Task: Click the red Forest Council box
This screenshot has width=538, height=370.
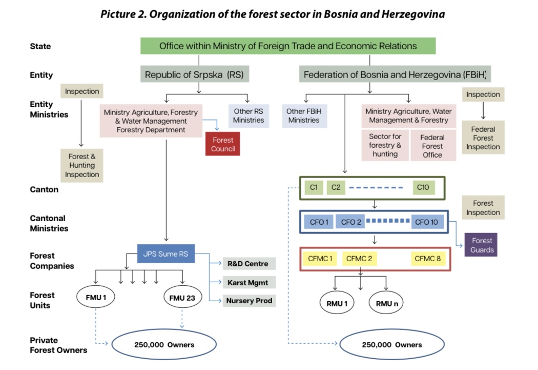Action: click(x=222, y=144)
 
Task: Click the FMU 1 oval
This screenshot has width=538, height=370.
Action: click(x=95, y=297)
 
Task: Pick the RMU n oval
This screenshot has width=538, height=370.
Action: click(x=387, y=303)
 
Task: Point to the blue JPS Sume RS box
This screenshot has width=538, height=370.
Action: click(x=166, y=254)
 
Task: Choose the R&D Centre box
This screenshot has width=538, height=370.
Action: click(x=248, y=264)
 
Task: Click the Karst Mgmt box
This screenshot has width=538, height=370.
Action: click(x=249, y=282)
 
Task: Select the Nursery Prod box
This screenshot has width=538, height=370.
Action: click(x=249, y=300)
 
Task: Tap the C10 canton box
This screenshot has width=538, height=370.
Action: click(x=423, y=188)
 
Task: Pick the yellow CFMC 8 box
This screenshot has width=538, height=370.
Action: click(x=428, y=259)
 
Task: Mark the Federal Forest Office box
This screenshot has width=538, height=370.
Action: click(x=432, y=146)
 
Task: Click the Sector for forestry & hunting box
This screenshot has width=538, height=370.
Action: click(x=385, y=145)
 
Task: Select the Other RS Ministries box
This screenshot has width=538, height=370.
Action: click(x=249, y=115)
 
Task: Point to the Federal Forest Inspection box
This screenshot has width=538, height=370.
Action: click(x=483, y=138)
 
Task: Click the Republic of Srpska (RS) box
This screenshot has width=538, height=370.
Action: click(x=194, y=75)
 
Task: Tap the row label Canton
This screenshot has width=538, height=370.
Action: click(x=44, y=189)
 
